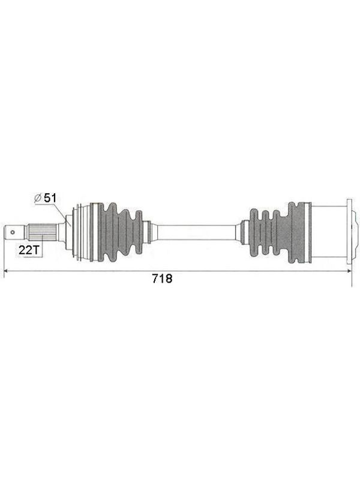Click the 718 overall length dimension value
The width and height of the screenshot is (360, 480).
pyautogui.click(x=162, y=278)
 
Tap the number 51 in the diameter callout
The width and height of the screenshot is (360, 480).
pyautogui.click(x=50, y=198)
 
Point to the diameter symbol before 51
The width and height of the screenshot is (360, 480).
pyautogui.click(x=38, y=199)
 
